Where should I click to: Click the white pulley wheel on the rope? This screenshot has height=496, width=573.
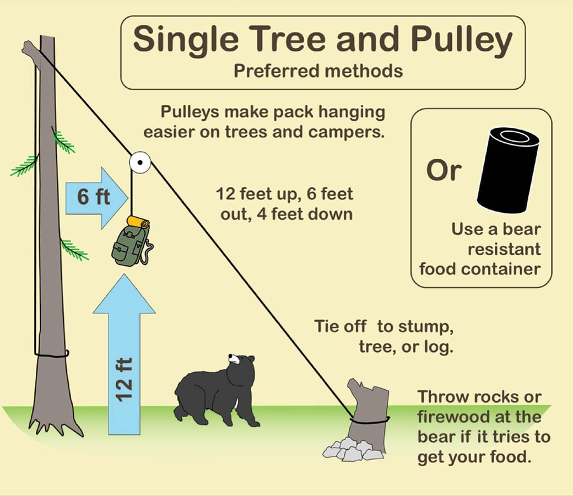[x=140, y=162]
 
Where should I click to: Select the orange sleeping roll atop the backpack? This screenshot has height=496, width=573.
[x=138, y=222]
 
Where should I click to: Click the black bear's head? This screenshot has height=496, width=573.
[x=242, y=364]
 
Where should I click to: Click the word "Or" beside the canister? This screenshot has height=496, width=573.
[x=442, y=171]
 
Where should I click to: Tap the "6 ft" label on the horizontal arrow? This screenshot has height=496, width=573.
[x=94, y=197]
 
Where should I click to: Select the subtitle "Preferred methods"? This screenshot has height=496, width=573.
[x=318, y=71]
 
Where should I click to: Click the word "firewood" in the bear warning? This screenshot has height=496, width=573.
[x=451, y=417]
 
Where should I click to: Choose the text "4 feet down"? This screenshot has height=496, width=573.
[x=317, y=214]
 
